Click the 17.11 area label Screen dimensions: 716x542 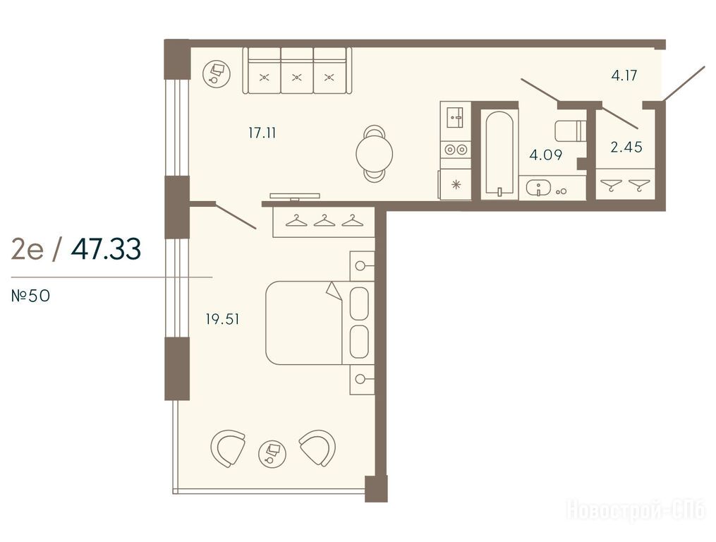[x=262, y=133]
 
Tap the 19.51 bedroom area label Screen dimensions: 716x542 [x=222, y=319]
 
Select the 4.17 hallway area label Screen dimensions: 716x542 [x=624, y=75]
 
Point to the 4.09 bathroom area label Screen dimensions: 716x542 [x=546, y=155]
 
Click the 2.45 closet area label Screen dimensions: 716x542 [x=626, y=147]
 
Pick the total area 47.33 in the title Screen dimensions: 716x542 [x=106, y=249]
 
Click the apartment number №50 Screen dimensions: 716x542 [x=30, y=296]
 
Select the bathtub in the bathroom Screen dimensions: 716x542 [x=499, y=154]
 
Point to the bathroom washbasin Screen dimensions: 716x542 [x=539, y=188]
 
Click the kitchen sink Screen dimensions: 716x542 [x=455, y=117]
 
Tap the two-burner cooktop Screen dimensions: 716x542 [x=455, y=150]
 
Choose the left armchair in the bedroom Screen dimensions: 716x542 [x=227, y=448]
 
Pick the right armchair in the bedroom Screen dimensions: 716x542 [x=318, y=447]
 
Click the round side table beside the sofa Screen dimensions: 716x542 [x=217, y=73]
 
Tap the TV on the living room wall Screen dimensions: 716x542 [x=295, y=196]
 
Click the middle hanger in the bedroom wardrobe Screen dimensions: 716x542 [x=324, y=220]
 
